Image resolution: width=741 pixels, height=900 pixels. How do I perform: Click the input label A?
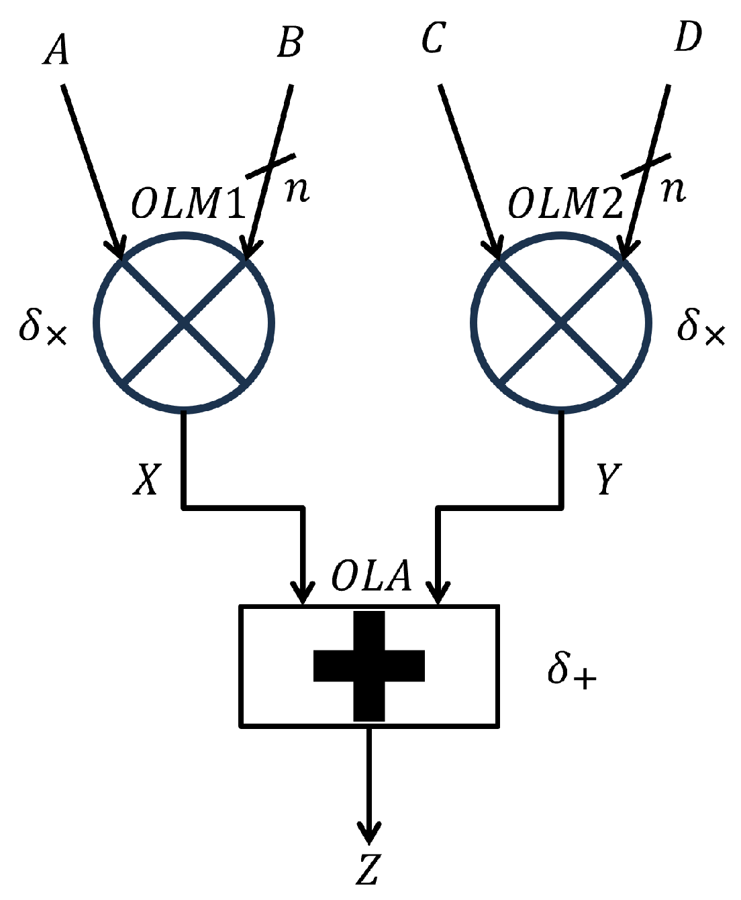(56, 50)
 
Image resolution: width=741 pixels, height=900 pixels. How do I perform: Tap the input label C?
(433, 38)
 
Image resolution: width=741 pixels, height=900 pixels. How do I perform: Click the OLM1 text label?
(189, 203)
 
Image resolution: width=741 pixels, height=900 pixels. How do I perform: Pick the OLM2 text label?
(565, 203)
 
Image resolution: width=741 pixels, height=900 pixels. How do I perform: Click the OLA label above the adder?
(371, 575)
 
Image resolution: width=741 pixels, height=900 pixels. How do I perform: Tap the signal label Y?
(609, 479)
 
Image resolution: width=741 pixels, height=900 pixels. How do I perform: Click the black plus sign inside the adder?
(369, 665)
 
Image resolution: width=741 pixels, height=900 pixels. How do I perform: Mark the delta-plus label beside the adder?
(571, 670)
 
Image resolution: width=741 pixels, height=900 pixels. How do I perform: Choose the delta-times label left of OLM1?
(43, 327)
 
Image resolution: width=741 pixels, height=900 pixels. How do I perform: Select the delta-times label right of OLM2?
(701, 327)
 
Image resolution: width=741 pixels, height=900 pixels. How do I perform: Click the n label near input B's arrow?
(297, 190)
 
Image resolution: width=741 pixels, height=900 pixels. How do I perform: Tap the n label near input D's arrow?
(673, 190)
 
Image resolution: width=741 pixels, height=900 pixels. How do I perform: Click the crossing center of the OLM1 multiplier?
(185, 323)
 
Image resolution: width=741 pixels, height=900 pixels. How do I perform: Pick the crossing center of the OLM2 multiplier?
(561, 323)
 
